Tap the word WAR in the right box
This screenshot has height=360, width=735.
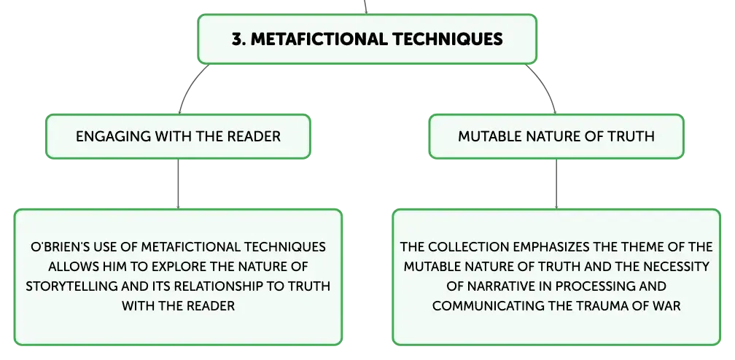(x=667, y=306)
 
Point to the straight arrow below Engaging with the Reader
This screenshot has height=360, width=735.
(x=178, y=184)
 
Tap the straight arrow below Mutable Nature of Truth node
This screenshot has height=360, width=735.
(x=556, y=184)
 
